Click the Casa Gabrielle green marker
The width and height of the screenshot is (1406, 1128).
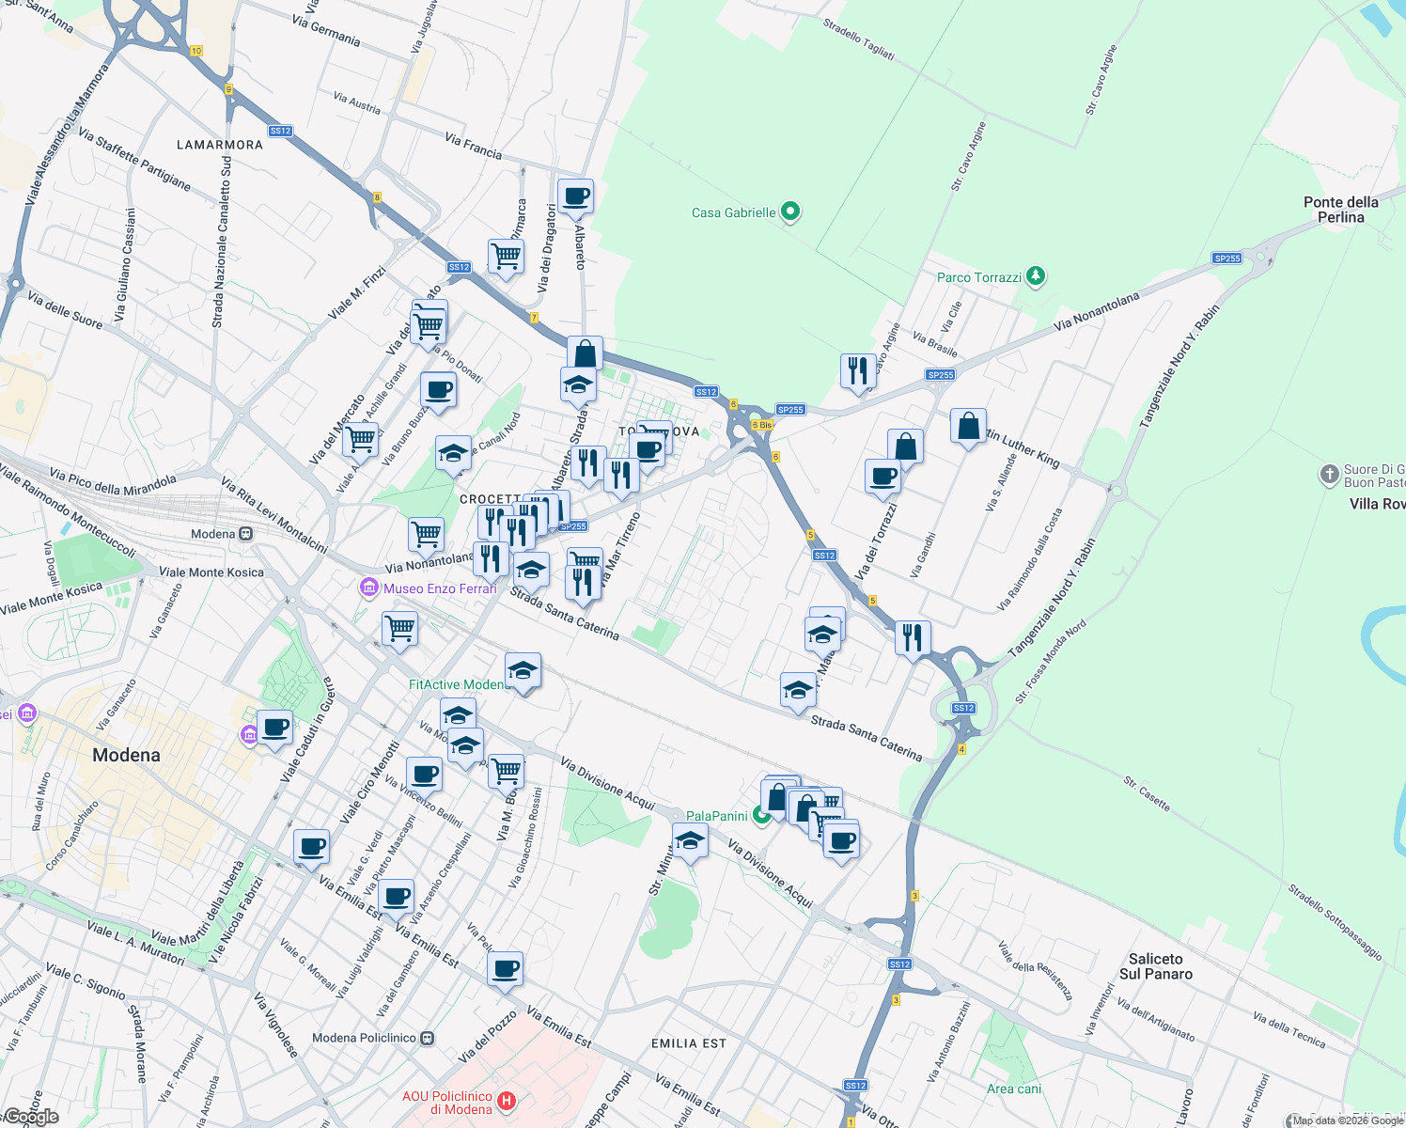(790, 211)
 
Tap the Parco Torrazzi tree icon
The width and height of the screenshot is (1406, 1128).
(1035, 276)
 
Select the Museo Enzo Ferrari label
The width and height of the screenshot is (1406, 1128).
(440, 588)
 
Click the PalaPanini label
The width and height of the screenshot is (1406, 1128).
(717, 816)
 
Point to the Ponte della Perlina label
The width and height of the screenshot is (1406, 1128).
(1340, 210)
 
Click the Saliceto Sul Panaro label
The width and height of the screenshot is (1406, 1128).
(1155, 966)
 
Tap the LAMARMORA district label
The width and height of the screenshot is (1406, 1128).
(220, 145)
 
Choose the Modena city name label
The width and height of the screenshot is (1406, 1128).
(126, 755)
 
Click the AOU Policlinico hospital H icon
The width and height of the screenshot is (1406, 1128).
(507, 1101)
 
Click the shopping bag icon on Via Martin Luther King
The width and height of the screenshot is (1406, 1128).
(968, 427)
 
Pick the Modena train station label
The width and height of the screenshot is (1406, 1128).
(213, 534)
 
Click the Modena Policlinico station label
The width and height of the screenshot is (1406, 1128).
(364, 1038)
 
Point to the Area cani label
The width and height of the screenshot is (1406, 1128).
(1014, 1089)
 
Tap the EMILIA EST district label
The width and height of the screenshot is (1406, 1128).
(689, 1043)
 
